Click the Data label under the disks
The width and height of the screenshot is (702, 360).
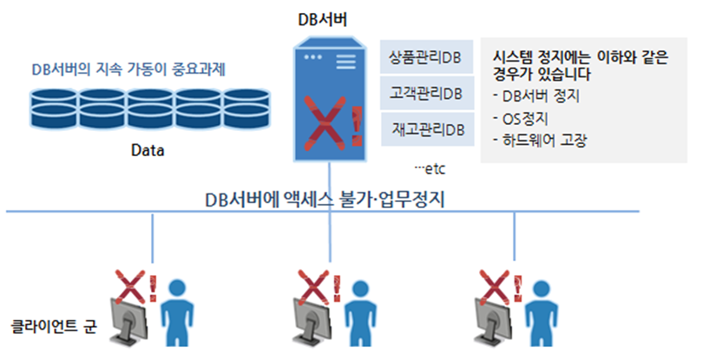tap(148, 150)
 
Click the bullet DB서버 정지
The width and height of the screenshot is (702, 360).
tap(547, 95)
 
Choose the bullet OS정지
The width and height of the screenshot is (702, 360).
tap(536, 117)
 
